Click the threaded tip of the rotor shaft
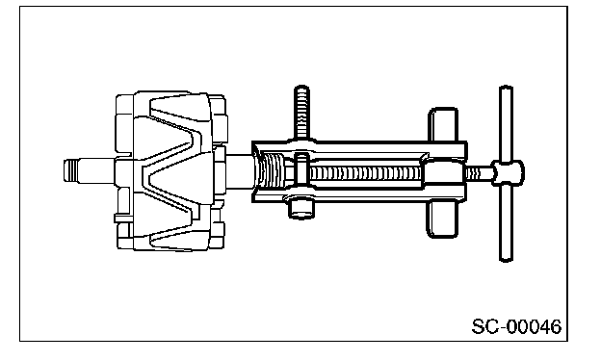[x=70, y=170]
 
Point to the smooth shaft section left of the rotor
[x=95, y=170]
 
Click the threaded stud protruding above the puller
[x=301, y=112]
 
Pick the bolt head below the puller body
[x=300, y=209]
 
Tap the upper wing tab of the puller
[x=443, y=125]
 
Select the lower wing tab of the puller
[x=443, y=219]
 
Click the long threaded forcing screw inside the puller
[x=365, y=174]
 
